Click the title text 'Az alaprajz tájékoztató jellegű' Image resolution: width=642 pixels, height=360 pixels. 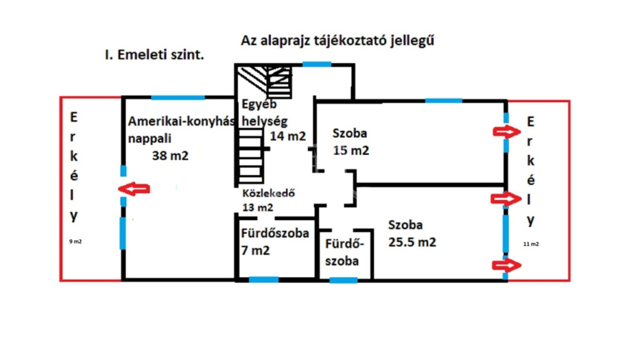point(337,41)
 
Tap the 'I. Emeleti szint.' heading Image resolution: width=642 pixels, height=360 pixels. point(154,55)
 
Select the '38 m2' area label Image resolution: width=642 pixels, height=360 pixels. point(171,156)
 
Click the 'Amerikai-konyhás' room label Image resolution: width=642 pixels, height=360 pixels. point(181,121)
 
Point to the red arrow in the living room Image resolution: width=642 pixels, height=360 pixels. point(134,189)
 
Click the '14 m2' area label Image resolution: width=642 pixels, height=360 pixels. point(288,136)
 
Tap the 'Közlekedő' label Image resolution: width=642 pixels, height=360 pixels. point(268,193)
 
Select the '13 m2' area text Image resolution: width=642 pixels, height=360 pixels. point(258,208)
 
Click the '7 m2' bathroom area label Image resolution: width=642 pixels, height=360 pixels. point(256,250)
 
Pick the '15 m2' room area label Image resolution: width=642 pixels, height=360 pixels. point(351,151)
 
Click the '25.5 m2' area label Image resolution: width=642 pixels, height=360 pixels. point(413,243)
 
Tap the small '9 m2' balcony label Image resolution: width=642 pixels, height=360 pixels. point(75,241)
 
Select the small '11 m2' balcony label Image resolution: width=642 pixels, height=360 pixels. point(531,244)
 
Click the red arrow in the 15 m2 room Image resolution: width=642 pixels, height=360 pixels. point(507,132)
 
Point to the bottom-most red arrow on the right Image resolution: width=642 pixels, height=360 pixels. point(507,265)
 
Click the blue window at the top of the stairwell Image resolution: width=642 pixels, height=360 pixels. point(317,65)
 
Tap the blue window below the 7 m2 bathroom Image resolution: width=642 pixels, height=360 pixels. point(264,280)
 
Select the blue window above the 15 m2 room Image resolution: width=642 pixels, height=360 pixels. point(444,101)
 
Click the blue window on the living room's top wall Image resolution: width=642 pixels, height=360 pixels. point(178,97)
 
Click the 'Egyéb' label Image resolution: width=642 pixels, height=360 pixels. point(259,104)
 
